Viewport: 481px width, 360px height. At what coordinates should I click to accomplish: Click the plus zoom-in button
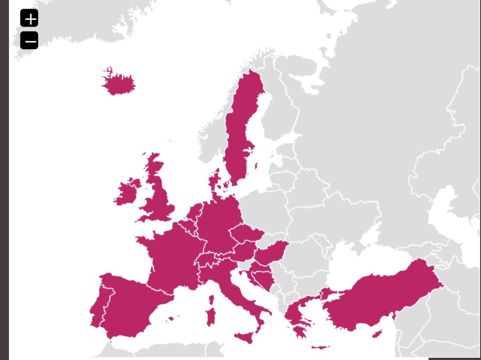click(x=29, y=19)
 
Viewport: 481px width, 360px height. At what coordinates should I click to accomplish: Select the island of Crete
click(x=320, y=347)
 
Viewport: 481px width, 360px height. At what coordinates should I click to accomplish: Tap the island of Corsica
click(x=210, y=299)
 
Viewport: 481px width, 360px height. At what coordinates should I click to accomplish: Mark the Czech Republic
click(x=246, y=234)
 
